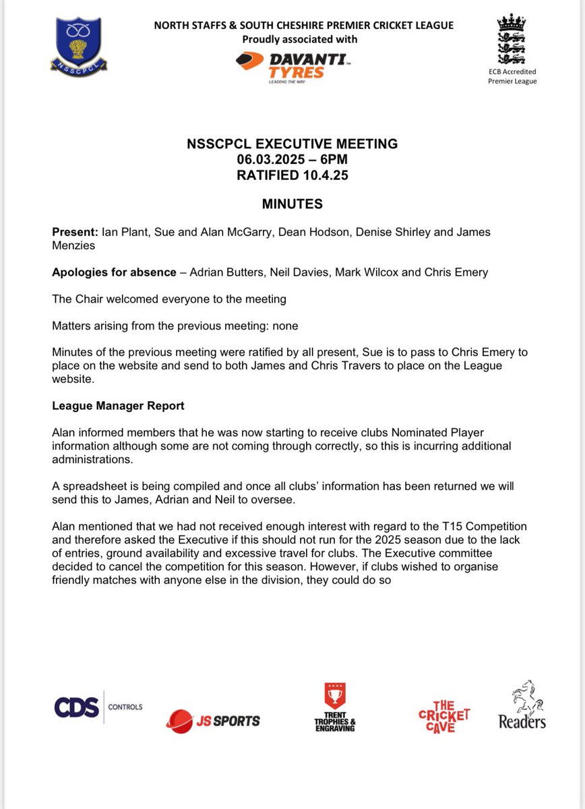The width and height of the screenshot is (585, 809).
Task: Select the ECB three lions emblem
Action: (x=512, y=39)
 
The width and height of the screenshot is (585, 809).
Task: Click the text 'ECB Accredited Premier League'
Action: (x=512, y=76)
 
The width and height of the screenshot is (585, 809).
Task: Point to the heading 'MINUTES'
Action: (x=292, y=204)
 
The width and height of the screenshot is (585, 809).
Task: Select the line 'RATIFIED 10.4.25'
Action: (x=292, y=175)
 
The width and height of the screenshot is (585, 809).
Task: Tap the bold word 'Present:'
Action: (x=75, y=232)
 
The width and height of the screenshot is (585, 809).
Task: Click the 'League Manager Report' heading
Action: (x=118, y=407)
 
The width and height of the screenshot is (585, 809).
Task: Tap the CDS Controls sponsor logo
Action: (x=98, y=707)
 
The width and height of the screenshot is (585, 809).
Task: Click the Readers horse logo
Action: (x=522, y=704)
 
